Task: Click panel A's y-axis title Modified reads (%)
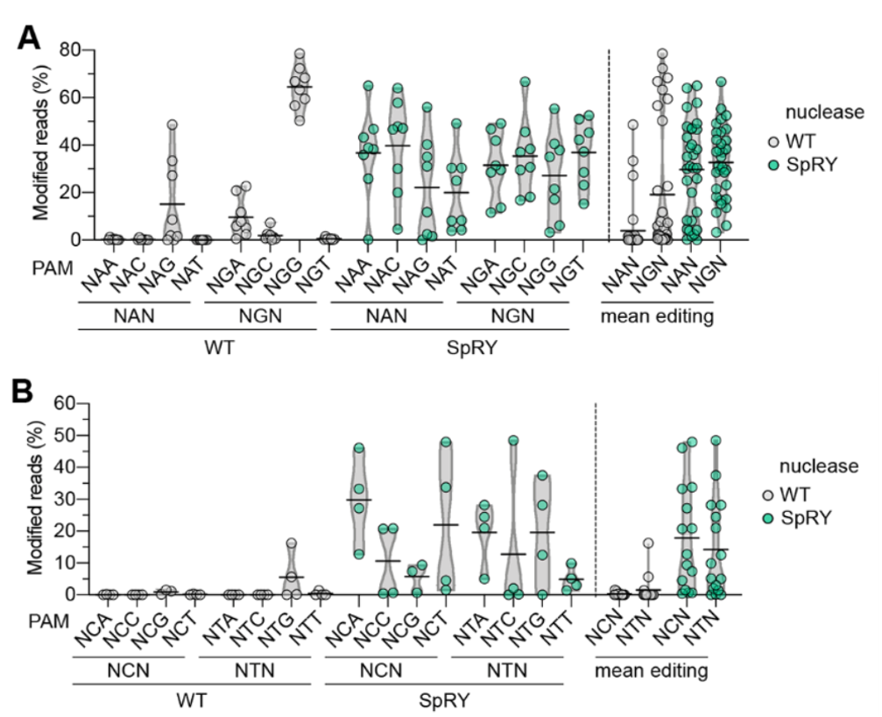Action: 39,145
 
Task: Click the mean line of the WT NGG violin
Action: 300,87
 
